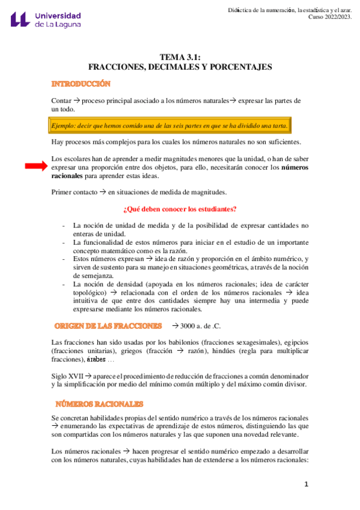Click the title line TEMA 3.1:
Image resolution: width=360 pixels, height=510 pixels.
click(180, 57)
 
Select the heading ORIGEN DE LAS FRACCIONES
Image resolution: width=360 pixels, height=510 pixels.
click(108, 325)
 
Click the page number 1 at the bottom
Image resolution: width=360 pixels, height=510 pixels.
click(306, 484)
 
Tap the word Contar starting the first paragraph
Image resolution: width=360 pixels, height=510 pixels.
click(61, 100)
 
